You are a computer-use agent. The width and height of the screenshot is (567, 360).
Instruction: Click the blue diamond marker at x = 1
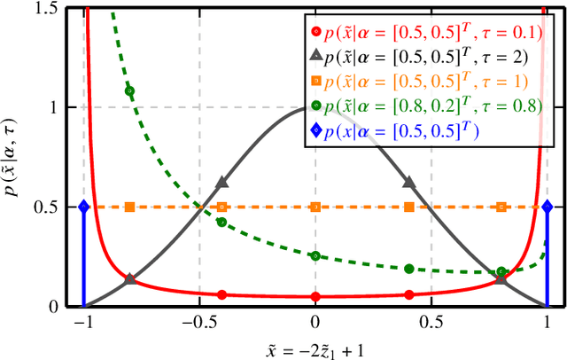(x=547, y=207)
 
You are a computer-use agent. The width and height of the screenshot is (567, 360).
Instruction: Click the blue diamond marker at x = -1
(x=83, y=207)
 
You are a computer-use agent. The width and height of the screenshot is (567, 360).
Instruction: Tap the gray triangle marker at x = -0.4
(x=222, y=183)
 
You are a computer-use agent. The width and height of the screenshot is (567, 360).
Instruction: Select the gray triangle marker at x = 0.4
(x=408, y=183)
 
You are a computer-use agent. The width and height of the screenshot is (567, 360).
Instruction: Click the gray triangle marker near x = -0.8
(x=130, y=278)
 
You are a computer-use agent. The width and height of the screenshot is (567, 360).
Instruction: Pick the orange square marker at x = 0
(x=315, y=207)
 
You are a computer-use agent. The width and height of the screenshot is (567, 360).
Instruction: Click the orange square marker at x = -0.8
(x=130, y=207)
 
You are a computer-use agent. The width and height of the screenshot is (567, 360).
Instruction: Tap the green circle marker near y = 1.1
(x=130, y=90)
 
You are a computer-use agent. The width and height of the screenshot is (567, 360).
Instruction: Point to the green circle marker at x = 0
(x=315, y=255)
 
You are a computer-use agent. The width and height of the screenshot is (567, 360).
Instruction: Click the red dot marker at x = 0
(x=315, y=296)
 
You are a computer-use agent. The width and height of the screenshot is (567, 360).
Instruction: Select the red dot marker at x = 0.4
(x=408, y=294)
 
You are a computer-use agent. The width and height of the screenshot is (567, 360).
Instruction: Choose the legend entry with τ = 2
(x=420, y=58)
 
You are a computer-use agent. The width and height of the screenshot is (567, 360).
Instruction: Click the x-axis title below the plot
(x=314, y=348)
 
